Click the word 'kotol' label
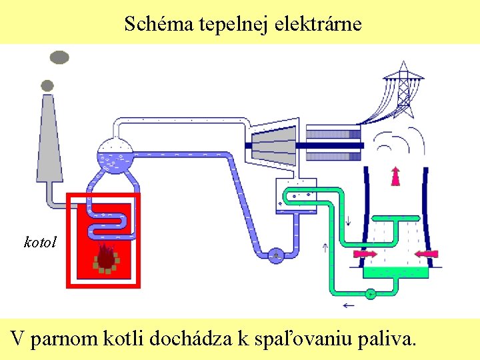[x=40, y=241]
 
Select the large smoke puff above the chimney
[x=59, y=57]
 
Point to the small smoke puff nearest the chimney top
[x=47, y=85]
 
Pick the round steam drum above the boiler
[x=115, y=156]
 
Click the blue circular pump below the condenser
[x=275, y=254]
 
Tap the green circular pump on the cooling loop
[x=370, y=293]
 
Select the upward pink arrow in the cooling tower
[x=395, y=175]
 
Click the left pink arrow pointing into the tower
[x=365, y=253]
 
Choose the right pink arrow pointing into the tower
[x=426, y=253]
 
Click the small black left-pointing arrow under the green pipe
[x=348, y=306]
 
